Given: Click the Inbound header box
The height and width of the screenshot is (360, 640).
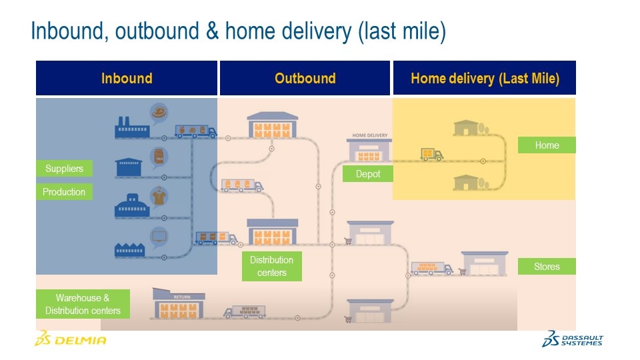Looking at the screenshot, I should pos(127,78).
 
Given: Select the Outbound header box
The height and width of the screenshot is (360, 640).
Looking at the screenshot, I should pos(305,78).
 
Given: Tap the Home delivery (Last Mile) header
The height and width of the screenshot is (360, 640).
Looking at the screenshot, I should pos(485,78).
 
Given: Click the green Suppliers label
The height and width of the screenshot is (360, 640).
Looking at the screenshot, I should pos(64,169).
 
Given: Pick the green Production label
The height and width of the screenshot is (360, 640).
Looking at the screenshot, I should pos(64,192).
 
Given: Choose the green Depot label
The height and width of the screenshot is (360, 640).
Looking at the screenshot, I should pos(368,174).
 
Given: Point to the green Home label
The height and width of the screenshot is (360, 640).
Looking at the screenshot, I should pos(547,145).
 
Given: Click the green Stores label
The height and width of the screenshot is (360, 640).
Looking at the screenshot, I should pos(547,267).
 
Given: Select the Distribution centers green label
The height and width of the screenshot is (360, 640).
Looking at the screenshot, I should pos(271,266).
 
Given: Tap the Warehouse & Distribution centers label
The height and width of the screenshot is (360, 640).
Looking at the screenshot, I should pos(83,305).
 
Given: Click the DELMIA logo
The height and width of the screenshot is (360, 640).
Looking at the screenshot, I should pos(70,339).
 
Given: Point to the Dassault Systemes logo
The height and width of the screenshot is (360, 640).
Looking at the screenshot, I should pos(573,339).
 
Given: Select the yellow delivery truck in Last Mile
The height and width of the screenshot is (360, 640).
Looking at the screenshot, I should pos(431,155).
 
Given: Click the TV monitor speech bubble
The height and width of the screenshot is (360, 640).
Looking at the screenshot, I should pos(159,236).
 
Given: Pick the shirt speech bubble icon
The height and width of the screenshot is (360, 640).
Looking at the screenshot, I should pos(159,195).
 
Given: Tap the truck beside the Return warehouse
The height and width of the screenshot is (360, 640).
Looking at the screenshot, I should pos(245,311).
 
